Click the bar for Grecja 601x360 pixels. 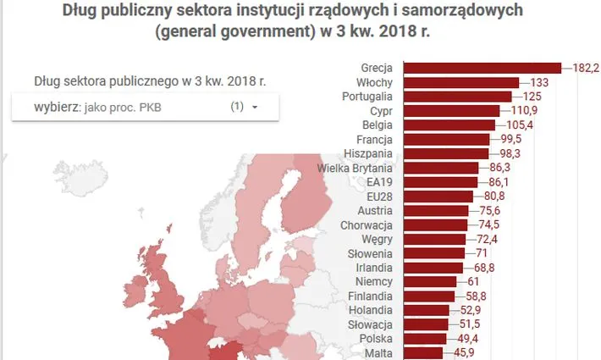(481, 67)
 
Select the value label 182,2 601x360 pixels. (586, 67)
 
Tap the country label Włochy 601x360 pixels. (378, 83)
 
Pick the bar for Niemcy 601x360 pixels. (429, 282)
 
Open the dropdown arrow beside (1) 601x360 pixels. (254, 108)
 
